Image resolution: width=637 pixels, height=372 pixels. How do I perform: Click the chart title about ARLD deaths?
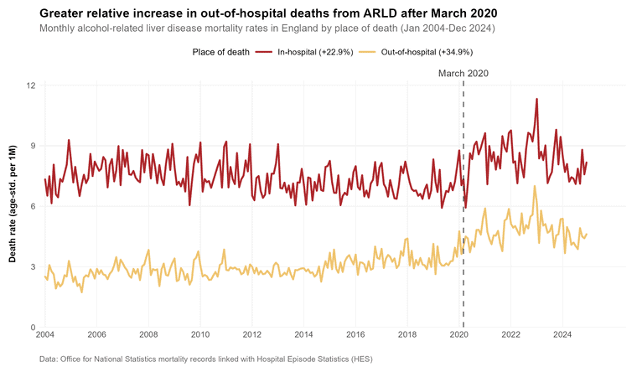[x=268, y=13]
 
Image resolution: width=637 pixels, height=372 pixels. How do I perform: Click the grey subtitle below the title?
[x=267, y=28]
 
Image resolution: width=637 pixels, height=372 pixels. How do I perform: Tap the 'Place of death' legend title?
[x=220, y=52]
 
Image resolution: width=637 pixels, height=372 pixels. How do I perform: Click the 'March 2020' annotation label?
[x=464, y=74]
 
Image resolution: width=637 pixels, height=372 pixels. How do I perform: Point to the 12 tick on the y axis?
[x=31, y=85]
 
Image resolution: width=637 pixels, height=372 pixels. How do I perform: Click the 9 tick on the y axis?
[x=34, y=146]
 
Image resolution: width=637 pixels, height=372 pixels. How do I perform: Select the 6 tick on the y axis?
[x=34, y=206]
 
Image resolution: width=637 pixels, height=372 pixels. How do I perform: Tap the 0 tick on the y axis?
[x=34, y=328]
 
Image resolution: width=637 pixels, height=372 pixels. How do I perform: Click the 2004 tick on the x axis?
[x=45, y=335]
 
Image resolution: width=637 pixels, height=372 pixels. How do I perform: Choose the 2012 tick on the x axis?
[x=252, y=335]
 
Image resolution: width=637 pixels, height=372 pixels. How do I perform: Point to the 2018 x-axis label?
[x=407, y=335]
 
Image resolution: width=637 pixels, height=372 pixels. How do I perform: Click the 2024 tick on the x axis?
[x=562, y=335]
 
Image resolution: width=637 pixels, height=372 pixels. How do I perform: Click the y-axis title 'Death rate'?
[x=13, y=204]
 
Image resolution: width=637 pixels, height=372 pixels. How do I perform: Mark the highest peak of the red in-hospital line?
[x=536, y=99]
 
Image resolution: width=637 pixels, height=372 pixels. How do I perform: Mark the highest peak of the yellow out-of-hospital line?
[x=535, y=186]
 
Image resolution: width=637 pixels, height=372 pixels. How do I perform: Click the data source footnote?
[x=206, y=359]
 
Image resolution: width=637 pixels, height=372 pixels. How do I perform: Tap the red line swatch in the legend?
[x=264, y=52]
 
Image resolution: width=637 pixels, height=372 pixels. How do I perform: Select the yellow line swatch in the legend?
[x=367, y=52]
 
